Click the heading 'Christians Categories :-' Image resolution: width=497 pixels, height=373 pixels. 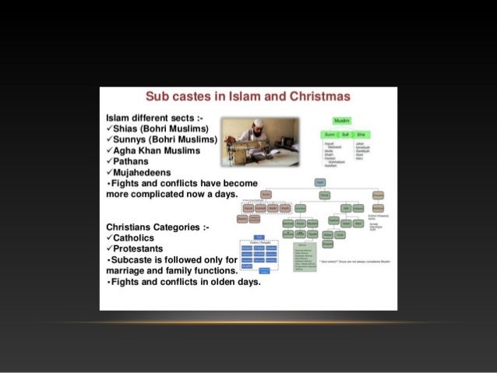[155, 227]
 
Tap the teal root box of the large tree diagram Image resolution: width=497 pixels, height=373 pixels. [320, 181]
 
